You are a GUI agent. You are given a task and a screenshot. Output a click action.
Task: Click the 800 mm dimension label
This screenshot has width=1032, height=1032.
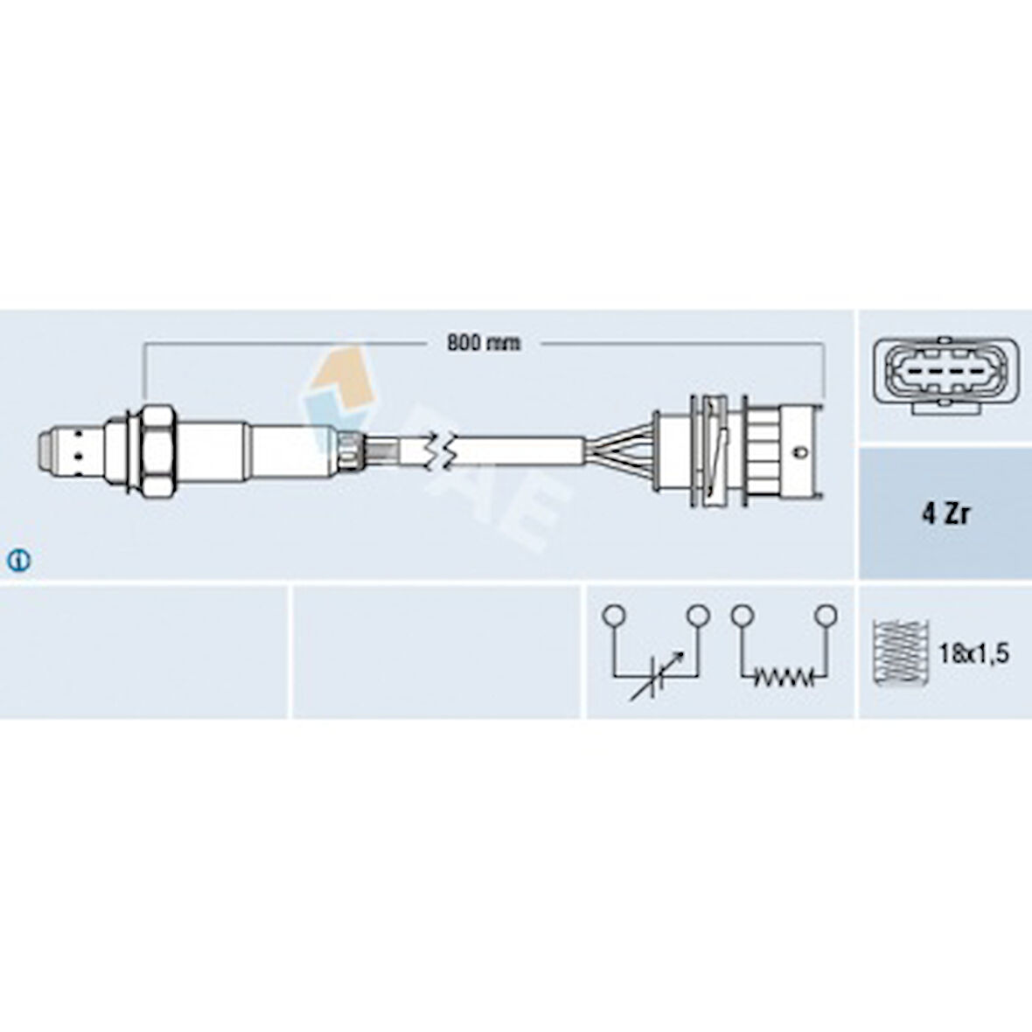pos(483,342)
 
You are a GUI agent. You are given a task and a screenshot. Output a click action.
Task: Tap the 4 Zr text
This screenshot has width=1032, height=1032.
pos(945,514)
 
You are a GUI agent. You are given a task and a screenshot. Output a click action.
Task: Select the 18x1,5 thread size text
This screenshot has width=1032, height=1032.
pos(973,654)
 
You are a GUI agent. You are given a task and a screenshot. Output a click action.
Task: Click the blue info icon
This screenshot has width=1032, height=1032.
pos(18,560)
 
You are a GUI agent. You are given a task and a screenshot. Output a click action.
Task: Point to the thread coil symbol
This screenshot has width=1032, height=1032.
pos(900,651)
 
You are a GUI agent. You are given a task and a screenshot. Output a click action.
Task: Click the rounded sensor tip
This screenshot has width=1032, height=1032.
pos(46,450)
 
